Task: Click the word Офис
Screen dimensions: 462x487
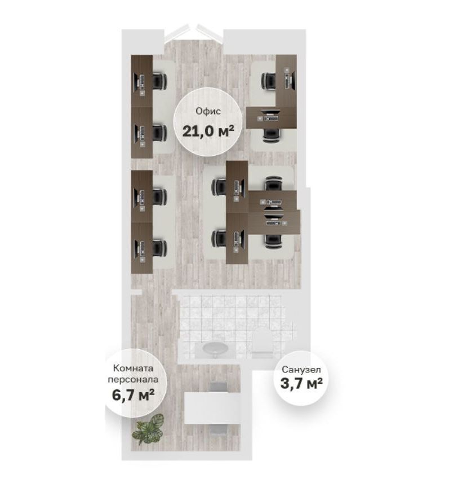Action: [208, 111]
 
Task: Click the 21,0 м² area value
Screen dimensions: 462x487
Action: [208, 131]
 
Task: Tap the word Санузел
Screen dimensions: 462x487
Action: [301, 370]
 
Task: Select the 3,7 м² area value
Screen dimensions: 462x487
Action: [301, 383]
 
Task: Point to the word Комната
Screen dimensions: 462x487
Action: [133, 368]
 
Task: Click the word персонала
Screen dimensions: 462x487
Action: [133, 379]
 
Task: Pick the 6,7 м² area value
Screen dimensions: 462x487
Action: [133, 395]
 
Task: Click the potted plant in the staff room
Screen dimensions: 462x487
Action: [148, 429]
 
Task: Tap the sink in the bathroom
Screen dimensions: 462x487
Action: [215, 349]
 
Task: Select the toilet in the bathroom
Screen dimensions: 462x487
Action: [263, 341]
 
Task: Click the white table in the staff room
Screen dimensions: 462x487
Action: [212, 407]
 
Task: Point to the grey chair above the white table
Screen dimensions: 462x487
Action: [218, 387]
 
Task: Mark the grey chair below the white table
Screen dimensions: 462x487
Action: [218, 428]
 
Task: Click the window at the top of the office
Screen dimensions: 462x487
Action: [193, 33]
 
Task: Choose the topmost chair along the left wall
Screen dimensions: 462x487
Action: [160, 81]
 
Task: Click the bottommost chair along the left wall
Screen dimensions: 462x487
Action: [160, 248]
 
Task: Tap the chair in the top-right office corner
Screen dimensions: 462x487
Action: [268, 81]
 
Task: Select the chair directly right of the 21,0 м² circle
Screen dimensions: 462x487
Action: [271, 135]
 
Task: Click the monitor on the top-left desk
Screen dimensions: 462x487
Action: [136, 82]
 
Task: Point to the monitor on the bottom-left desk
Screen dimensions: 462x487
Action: [136, 248]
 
